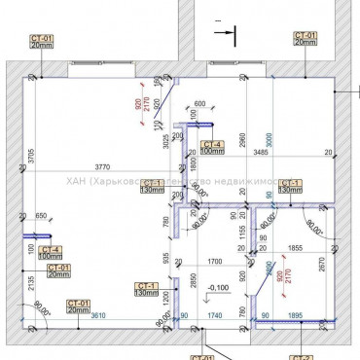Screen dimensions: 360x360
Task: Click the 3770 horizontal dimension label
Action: tap(92, 166)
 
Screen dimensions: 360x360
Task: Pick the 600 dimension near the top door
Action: tap(198, 103)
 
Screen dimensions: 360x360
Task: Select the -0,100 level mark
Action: tap(218, 287)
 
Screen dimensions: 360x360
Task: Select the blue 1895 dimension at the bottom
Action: tap(296, 315)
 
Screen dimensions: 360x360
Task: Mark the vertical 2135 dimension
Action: tap(32, 284)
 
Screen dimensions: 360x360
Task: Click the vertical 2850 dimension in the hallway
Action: tap(194, 284)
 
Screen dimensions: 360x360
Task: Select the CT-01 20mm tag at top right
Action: tap(305, 39)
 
